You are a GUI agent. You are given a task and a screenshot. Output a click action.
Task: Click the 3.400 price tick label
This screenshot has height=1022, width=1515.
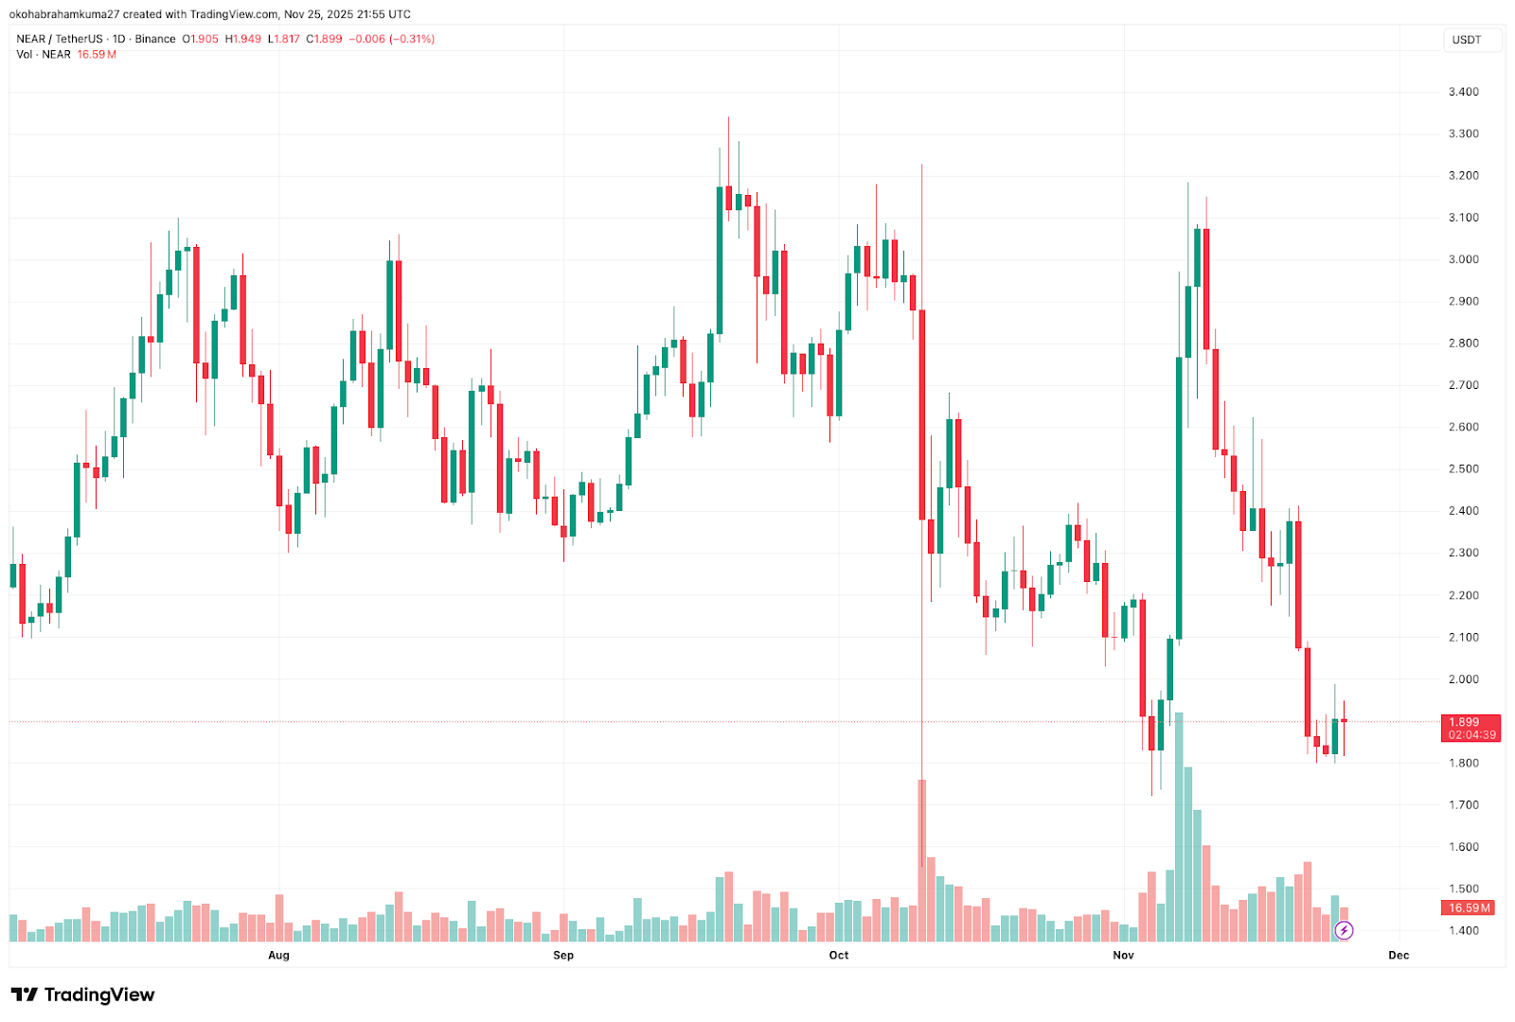(x=1463, y=92)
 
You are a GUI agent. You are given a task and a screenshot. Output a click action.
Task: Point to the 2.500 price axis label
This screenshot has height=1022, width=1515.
(x=1463, y=468)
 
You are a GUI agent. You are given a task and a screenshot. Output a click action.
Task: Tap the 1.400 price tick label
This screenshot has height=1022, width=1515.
(x=1463, y=930)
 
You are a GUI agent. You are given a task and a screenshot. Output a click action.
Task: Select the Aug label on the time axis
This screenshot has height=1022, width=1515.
(x=278, y=955)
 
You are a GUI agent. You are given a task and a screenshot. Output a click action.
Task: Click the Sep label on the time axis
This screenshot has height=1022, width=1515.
(x=563, y=955)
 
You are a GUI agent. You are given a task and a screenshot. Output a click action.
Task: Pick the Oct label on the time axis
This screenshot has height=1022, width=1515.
(x=839, y=955)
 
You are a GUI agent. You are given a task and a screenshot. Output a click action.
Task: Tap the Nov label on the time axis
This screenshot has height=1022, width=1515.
(x=1123, y=955)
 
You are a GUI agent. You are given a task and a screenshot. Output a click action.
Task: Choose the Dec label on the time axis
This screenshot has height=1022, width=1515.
(x=1399, y=955)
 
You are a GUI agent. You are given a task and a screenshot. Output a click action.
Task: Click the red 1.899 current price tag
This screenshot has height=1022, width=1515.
(x=1470, y=722)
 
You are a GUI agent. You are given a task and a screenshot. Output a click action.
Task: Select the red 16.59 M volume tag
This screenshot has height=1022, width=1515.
(x=1470, y=907)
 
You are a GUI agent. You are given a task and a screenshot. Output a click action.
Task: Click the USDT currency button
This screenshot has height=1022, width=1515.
(x=1467, y=40)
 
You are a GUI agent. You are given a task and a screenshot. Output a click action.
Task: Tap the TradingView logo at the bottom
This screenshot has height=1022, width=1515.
(x=82, y=995)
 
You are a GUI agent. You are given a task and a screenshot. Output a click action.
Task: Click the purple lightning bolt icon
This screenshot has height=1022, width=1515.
(x=1344, y=930)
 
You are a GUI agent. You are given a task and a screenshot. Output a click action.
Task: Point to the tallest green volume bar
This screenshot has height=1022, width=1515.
(x=1179, y=828)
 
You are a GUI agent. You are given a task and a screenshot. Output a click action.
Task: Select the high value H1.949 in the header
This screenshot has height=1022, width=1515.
(x=243, y=39)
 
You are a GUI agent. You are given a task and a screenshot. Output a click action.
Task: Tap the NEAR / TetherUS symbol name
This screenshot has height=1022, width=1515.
(x=60, y=39)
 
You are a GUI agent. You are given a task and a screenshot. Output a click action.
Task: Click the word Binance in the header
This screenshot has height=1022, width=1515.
(x=155, y=39)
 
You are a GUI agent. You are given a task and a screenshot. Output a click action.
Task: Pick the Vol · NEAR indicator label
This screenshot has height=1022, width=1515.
(x=44, y=54)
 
